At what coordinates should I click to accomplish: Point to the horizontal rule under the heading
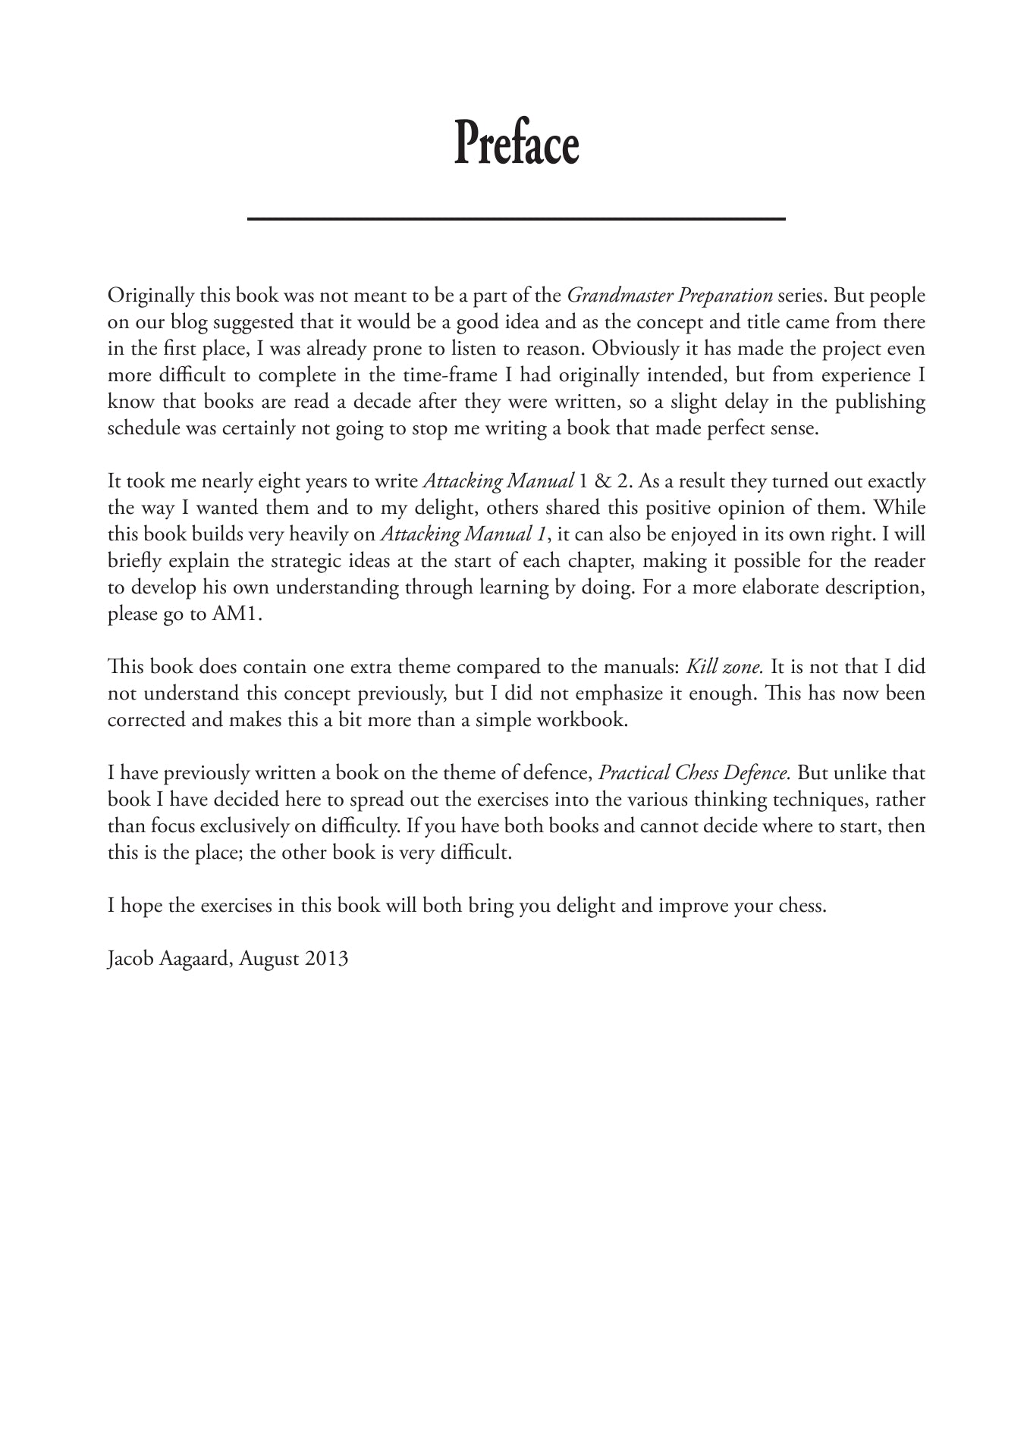pos(516,219)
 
